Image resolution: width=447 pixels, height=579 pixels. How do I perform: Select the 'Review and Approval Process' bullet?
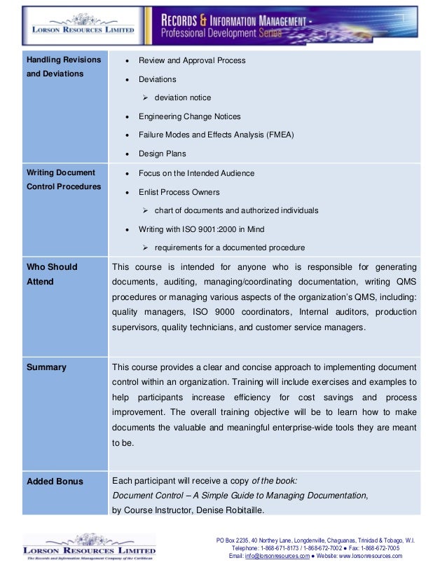(192, 60)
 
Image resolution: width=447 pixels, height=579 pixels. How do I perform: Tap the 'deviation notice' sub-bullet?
(182, 97)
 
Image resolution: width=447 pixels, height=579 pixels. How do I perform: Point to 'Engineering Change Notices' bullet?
(189, 116)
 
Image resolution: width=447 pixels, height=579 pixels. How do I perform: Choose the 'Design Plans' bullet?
(163, 154)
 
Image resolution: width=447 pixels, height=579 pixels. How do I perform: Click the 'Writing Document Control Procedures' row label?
(63, 179)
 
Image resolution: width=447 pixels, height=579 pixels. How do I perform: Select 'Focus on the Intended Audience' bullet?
(196, 173)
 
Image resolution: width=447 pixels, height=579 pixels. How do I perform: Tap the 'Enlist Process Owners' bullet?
(179, 192)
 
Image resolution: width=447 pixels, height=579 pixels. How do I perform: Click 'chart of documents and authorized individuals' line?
(236, 210)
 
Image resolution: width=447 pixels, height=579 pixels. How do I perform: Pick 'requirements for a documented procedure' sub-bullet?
(229, 247)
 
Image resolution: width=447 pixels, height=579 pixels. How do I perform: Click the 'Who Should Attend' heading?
(52, 274)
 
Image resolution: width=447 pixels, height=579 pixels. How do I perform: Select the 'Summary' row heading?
(46, 367)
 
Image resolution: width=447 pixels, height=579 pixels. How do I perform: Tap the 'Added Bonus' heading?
(55, 482)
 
